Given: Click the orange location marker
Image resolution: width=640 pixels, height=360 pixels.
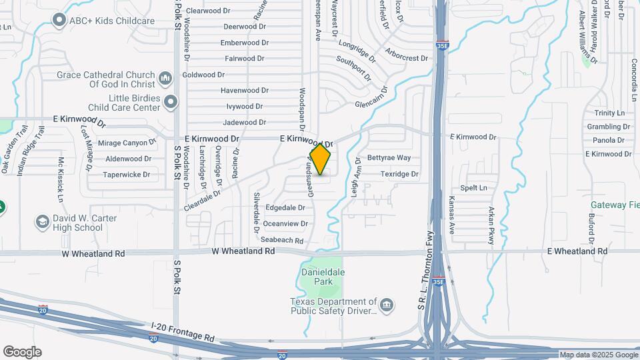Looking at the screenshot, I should tap(321, 159).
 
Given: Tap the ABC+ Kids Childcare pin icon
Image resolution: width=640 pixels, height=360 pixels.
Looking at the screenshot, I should tap(59, 21).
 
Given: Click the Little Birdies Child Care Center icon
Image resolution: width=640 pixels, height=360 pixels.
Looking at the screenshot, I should tap(171, 102).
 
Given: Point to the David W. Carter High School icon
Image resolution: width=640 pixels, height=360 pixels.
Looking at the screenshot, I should tap(43, 222).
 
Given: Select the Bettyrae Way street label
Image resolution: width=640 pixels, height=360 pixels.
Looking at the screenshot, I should tap(389, 158).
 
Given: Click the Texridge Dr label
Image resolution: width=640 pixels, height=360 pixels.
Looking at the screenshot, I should tap(399, 174).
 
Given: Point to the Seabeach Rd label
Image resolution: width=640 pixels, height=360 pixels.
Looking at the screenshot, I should tap(282, 240).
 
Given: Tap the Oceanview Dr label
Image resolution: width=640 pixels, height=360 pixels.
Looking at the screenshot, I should tap(284, 223).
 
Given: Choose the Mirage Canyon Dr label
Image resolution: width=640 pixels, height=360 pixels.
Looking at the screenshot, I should tap(126, 142).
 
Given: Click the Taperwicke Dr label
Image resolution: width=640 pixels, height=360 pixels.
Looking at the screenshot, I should tap(126, 175).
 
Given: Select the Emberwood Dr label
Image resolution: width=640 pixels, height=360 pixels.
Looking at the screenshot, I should tap(245, 43).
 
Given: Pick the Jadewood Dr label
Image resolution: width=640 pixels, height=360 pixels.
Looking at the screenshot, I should tap(244, 122).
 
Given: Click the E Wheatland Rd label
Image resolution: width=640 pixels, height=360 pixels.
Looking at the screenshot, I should tap(577, 251).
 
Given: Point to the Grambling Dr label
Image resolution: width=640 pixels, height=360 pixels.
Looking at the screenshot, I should tap(608, 127).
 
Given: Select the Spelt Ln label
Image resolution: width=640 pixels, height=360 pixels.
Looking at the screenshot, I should tap(474, 188).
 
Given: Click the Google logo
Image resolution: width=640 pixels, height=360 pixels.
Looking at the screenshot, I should tap(22, 351).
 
